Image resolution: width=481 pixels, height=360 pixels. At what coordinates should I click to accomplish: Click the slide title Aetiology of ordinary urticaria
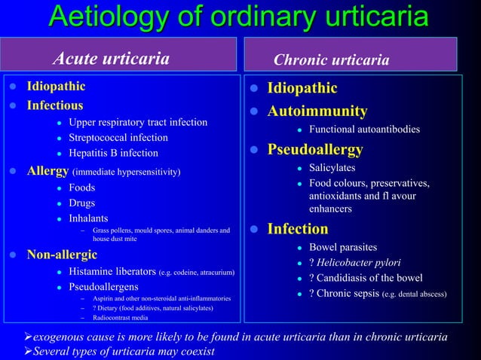pyautogui.click(x=240, y=17)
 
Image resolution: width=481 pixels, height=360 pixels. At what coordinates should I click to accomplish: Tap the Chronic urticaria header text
pyautogui.click(x=331, y=59)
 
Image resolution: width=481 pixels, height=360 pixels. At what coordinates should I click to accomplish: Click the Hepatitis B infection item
pyautogui.click(x=113, y=153)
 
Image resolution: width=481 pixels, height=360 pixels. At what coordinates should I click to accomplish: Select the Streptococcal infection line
pyautogui.click(x=118, y=138)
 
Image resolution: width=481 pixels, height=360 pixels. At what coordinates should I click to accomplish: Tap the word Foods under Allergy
pyautogui.click(x=81, y=188)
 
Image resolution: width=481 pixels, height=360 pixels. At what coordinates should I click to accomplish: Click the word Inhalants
pyautogui.click(x=88, y=218)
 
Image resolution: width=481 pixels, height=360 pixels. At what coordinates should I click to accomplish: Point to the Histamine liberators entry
pyautogui.click(x=112, y=271)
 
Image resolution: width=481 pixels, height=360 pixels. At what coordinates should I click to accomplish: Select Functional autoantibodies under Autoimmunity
pyautogui.click(x=364, y=130)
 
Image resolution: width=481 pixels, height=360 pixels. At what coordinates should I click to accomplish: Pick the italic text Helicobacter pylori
pyautogui.click(x=358, y=262)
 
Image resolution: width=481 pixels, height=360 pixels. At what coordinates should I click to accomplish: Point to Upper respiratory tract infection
pyautogui.click(x=137, y=122)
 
